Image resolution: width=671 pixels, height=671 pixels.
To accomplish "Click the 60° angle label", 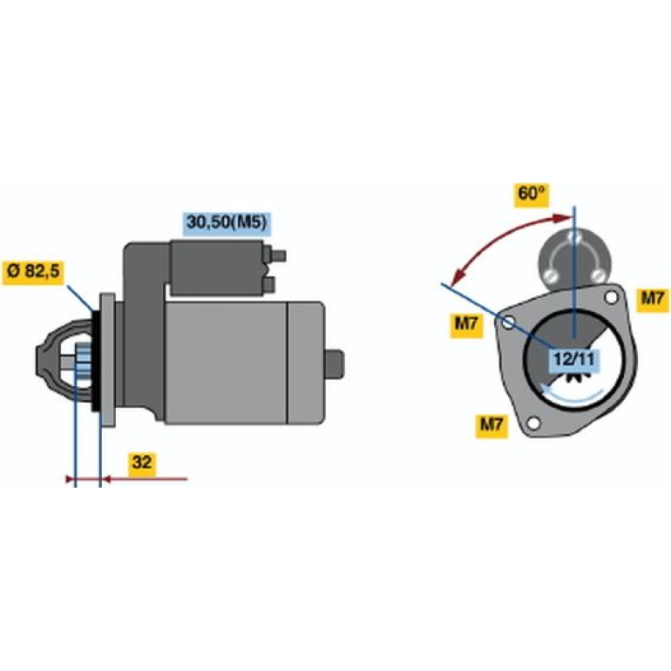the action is [532, 194].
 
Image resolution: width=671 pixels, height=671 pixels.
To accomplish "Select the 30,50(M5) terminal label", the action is [227, 223].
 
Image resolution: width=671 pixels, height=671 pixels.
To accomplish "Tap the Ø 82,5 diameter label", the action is [33, 272].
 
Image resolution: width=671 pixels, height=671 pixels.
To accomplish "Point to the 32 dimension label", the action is [142, 463].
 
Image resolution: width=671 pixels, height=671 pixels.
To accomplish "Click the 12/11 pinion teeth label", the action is [574, 359].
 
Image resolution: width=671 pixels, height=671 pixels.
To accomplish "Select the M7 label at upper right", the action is [652, 298].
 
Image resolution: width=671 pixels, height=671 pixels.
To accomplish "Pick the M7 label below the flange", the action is [491, 425].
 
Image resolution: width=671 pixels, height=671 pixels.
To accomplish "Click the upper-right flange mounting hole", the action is [611, 296].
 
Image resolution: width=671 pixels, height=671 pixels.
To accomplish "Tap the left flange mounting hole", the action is [508, 323].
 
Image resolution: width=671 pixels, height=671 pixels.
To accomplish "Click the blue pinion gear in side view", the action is [84, 363].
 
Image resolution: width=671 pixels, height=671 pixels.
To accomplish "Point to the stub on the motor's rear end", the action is [335, 363].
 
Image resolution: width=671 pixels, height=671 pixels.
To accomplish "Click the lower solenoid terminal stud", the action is [268, 284].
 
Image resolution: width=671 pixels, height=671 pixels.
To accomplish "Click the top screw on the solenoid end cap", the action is [574, 237].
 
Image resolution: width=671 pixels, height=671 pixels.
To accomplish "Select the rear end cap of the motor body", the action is [305, 363].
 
